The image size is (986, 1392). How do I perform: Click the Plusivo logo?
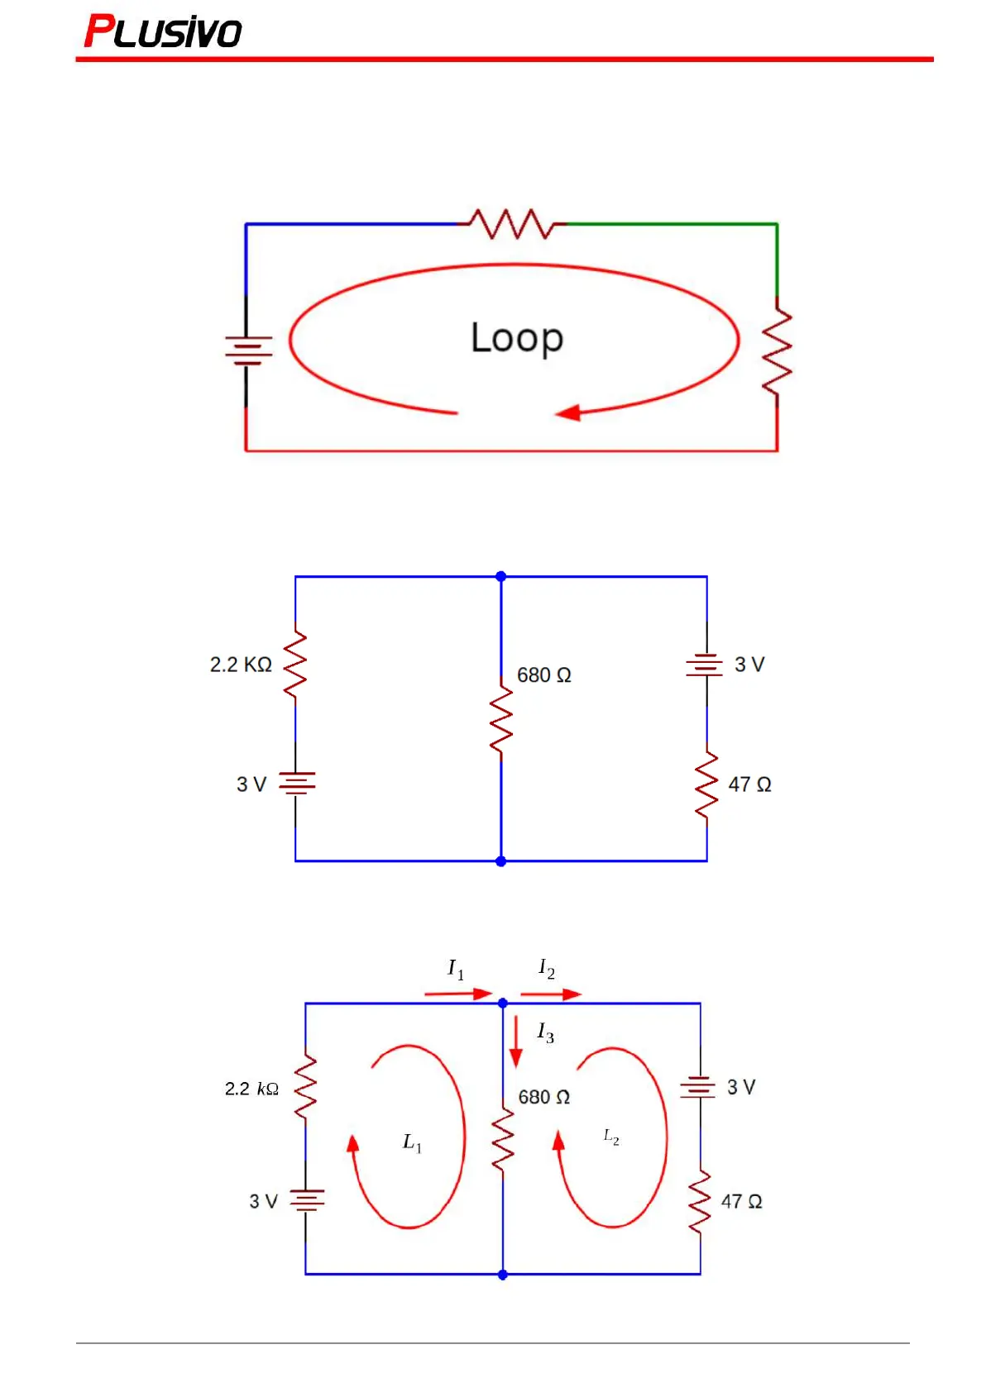[x=163, y=31]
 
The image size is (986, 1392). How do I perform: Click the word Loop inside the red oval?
[x=517, y=337]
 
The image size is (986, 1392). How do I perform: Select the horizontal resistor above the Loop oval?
[x=512, y=224]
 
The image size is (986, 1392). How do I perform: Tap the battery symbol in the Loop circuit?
[x=247, y=350]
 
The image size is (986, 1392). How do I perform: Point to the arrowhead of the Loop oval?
[x=568, y=412]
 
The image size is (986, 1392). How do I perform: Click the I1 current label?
[x=456, y=969]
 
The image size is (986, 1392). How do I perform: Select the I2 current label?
[x=546, y=968]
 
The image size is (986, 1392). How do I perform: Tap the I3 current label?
[x=545, y=1032]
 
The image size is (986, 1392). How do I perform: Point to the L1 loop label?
[x=412, y=1143]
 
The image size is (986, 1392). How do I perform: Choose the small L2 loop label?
[x=611, y=1137]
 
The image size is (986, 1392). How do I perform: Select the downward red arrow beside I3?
[x=516, y=1042]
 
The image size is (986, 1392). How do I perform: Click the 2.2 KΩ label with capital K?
[x=241, y=665]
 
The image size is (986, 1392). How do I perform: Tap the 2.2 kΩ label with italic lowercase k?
[x=251, y=1089]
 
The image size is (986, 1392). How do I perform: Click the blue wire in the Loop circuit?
[x=347, y=224]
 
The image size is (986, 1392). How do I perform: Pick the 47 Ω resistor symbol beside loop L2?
[x=700, y=1202]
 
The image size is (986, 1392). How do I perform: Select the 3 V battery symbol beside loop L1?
[x=307, y=1199]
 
